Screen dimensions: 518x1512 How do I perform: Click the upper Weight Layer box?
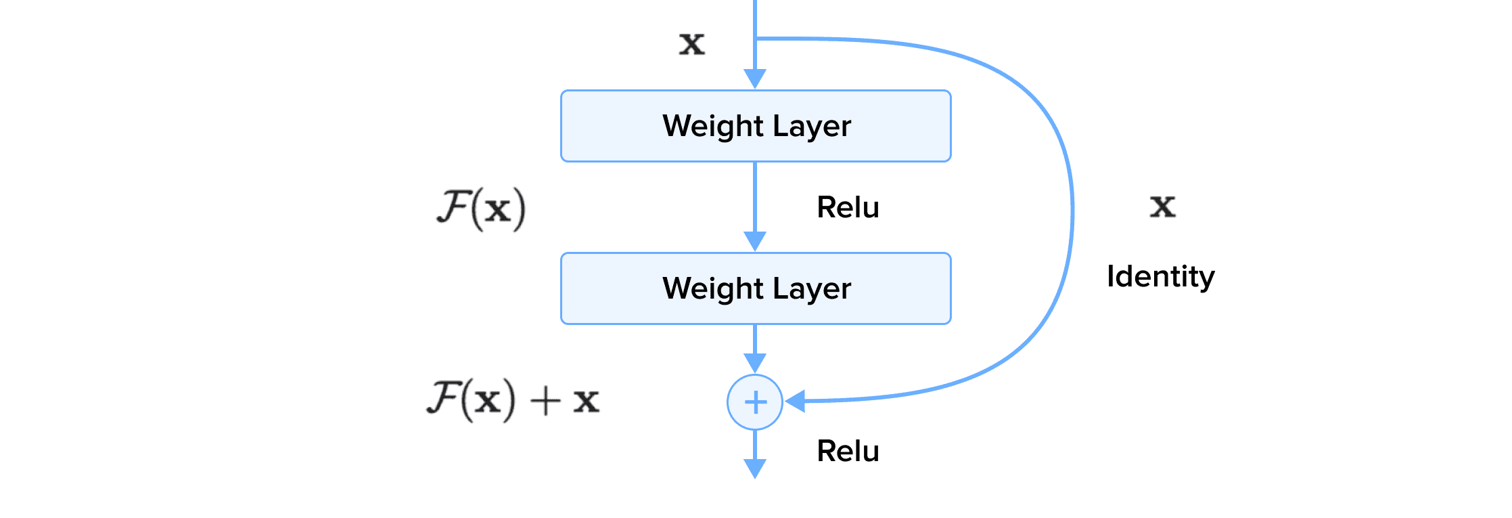pos(756,126)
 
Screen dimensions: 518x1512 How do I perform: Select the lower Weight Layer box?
pos(756,288)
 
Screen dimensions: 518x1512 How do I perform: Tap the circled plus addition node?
pos(755,402)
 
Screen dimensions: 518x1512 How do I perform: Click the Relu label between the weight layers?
pos(848,207)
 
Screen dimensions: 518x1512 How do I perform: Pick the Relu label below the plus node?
pos(848,451)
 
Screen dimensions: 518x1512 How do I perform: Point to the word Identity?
pos(1160,276)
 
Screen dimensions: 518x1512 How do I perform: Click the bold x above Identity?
pos(1162,206)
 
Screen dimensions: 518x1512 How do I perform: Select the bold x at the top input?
pos(691,44)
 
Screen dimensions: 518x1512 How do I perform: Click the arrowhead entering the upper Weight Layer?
pos(755,79)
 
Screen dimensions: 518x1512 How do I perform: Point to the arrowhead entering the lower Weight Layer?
pos(755,241)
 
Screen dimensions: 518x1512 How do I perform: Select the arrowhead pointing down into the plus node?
pos(755,363)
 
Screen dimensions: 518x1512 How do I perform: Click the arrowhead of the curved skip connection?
pos(795,401)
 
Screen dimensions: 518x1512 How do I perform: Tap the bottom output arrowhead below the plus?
pos(755,469)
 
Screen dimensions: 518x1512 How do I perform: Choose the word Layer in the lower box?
pos(811,288)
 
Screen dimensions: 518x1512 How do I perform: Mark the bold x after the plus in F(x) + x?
pos(586,401)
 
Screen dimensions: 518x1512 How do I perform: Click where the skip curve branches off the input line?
pos(756,39)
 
